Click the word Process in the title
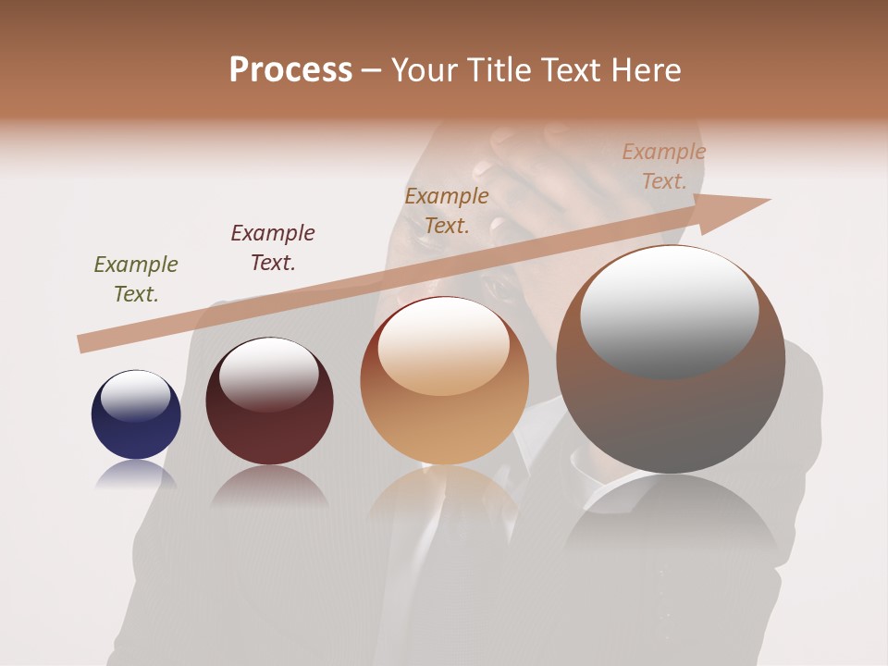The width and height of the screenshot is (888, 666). point(290,70)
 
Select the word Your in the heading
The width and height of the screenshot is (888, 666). point(425,70)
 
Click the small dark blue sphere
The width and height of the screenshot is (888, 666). point(136,415)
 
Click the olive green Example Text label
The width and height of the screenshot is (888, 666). point(136,279)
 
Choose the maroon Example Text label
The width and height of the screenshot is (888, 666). point(273,248)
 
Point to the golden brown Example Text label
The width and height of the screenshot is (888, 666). point(447,211)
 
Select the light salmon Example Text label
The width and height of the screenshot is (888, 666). point(664,166)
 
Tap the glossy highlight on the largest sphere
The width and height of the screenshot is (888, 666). point(669,310)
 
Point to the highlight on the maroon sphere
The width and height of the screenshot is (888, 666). point(268,373)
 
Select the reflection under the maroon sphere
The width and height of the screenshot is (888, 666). point(269,485)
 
